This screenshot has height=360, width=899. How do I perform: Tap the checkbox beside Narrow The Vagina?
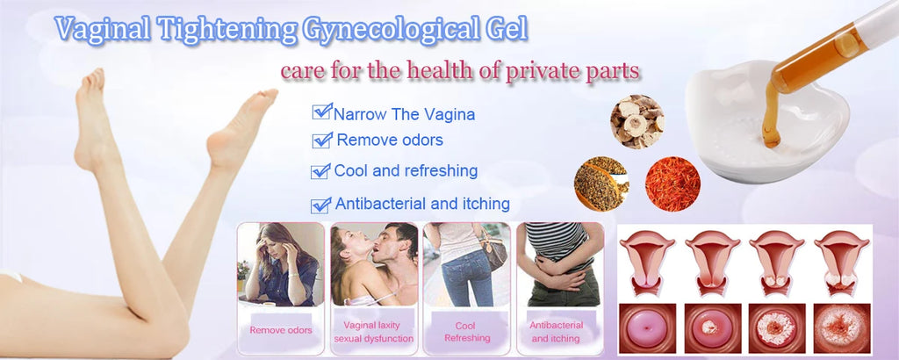click(321, 112)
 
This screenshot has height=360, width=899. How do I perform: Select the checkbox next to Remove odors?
click(323, 140)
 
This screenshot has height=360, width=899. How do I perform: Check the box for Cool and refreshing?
click(320, 170)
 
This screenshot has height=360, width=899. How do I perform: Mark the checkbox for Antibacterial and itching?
click(321, 205)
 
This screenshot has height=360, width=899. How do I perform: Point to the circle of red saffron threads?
click(672, 184)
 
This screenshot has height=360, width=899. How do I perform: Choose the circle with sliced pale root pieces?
click(636, 121)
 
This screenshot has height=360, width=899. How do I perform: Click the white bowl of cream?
click(746, 132)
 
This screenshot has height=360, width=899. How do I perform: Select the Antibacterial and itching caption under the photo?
click(555, 331)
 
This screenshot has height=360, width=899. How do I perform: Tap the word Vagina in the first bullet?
click(451, 113)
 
